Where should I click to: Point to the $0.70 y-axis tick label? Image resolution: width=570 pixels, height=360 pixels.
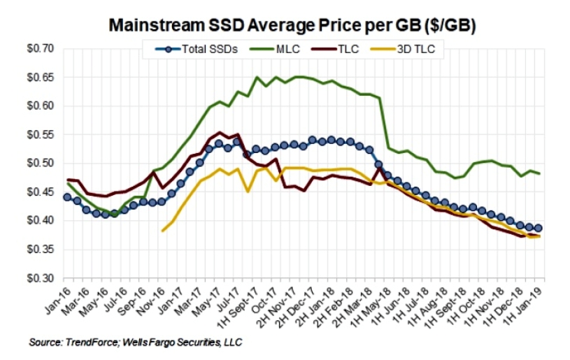(x=32, y=49)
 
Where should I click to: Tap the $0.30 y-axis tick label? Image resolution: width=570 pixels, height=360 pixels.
(x=32, y=278)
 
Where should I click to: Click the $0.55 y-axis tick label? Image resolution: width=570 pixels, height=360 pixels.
(x=32, y=135)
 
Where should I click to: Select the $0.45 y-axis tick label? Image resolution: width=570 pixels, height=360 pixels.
(x=32, y=192)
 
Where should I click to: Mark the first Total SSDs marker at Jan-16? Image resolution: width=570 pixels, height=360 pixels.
(x=67, y=197)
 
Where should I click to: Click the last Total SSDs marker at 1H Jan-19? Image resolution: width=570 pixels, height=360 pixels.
(x=539, y=228)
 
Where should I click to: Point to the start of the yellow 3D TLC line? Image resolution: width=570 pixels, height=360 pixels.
(x=163, y=231)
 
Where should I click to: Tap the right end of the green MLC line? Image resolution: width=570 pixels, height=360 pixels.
(x=539, y=173)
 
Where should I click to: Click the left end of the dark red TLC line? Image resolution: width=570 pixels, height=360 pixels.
(x=67, y=180)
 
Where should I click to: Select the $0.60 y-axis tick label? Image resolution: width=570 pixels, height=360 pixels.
(x=32, y=106)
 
